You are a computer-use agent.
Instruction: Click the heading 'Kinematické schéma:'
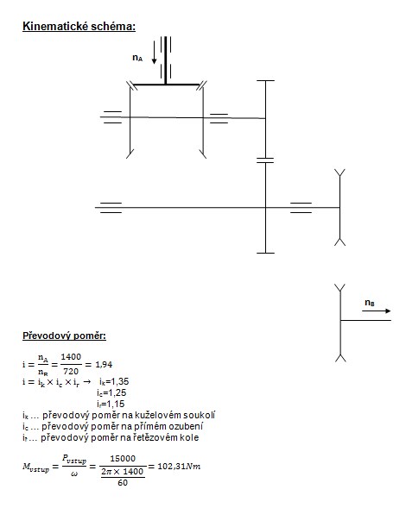coord(79,27)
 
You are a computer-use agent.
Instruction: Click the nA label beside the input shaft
coord(137,58)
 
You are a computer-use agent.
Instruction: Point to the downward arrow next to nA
coord(154,53)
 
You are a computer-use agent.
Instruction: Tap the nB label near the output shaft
coord(370,303)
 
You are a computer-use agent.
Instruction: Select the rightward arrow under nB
coord(377,311)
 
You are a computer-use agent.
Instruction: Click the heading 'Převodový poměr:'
coord(64,336)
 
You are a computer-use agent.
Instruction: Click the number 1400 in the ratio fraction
coord(71,357)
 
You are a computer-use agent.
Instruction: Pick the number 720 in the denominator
coord(71,372)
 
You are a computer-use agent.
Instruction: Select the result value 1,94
coord(104,364)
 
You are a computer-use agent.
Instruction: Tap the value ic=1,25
coord(111,393)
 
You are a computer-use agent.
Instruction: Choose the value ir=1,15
coord(111,404)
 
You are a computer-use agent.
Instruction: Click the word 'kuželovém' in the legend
coord(158,416)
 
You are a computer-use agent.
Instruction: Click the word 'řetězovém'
coord(155,437)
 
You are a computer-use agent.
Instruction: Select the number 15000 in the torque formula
coord(123,459)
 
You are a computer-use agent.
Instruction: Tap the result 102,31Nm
coord(179,466)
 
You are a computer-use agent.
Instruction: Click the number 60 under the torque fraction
coord(123,483)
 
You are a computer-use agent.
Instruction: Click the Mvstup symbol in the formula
coord(36,467)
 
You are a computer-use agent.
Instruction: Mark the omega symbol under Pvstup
coord(74,474)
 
